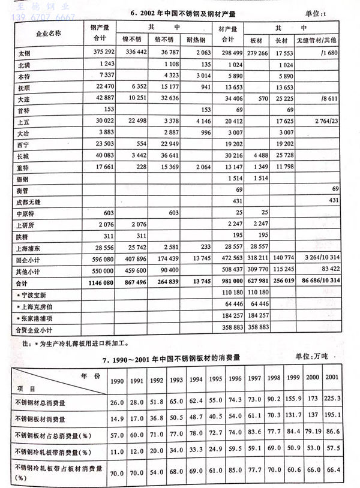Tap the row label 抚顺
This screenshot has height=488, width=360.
(x=25, y=88)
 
